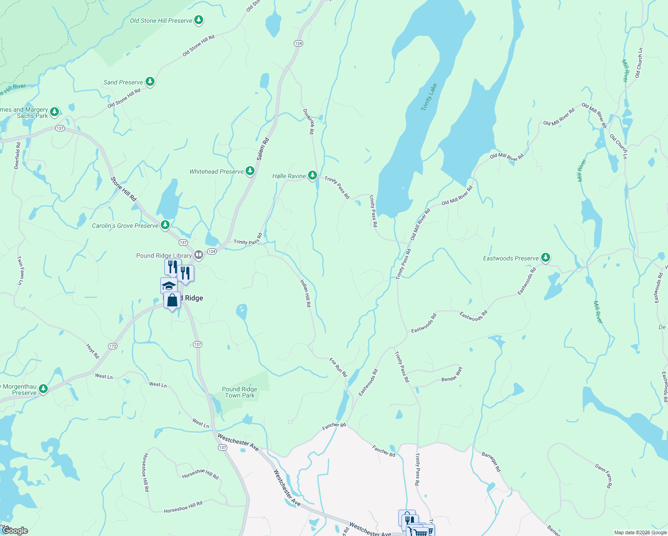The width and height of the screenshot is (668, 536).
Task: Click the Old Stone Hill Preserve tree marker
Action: pos(199,20)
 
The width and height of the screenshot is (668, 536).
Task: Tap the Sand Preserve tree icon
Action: pos(150,82)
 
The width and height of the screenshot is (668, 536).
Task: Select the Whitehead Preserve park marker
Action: pos(250,171)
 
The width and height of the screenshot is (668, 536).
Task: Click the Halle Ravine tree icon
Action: pos(313,175)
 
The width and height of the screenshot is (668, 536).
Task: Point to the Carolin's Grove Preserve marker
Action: pos(165,225)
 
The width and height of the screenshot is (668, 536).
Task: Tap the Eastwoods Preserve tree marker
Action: pos(545,258)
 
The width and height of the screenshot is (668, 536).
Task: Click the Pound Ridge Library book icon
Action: pos(199,255)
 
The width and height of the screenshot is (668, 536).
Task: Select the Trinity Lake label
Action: pos(429,97)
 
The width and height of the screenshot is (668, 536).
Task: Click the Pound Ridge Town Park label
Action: pos(240,392)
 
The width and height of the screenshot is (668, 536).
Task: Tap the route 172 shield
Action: pos(113,346)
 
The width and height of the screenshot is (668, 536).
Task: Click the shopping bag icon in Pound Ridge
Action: pos(172,300)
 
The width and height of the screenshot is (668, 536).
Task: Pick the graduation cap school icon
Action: pos(169,285)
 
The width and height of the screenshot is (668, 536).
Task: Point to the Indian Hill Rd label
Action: pos(305,293)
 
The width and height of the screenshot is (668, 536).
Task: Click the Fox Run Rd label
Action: pos(338,367)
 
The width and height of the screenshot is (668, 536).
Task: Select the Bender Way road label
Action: pos(452,375)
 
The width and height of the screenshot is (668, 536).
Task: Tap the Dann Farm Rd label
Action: pos(604,475)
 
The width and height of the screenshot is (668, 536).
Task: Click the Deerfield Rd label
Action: pos(17,155)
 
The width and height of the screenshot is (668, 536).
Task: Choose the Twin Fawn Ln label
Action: pos(20,271)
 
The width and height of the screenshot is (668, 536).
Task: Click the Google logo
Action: pos(16,531)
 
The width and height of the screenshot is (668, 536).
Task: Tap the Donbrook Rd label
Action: pos(309,121)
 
